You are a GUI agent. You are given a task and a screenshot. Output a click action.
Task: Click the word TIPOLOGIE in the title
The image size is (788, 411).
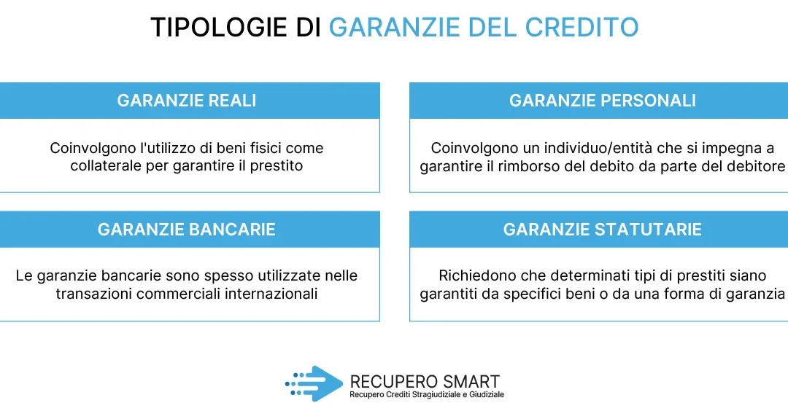pos(219,27)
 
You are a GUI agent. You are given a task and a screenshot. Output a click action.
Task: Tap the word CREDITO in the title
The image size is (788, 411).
pos(582,27)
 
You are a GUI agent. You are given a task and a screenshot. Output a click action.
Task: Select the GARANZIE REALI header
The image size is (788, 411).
pos(187,101)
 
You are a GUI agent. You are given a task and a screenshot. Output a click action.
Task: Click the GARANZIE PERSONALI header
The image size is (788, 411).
pos(603,101)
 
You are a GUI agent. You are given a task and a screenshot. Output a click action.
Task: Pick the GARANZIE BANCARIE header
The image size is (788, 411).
pos(187,230)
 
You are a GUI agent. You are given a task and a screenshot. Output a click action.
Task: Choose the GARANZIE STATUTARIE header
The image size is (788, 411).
pos(603,230)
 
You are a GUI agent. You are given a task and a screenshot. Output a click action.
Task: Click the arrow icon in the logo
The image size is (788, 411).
pos(314,383)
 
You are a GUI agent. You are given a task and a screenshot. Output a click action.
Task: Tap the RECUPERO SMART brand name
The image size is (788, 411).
pos(425,381)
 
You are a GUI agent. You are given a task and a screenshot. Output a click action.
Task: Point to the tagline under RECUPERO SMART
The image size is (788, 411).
pos(427,395)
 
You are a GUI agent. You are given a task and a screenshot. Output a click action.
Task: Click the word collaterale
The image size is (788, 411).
pos(106,165)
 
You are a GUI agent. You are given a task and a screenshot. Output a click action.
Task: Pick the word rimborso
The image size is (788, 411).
pos(529,166)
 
